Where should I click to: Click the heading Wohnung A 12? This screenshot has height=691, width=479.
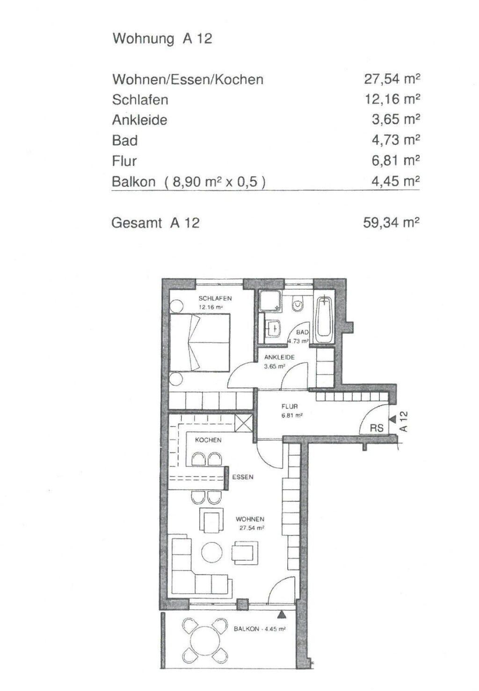tap(162, 39)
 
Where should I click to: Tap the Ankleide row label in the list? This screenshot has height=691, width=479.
tap(139, 120)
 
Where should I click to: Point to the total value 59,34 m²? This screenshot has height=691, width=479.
tap(391, 222)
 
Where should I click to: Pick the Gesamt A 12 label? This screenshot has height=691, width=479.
tap(155, 222)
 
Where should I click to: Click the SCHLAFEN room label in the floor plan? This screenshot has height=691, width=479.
tap(215, 299)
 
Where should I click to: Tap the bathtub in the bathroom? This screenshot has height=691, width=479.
tap(325, 318)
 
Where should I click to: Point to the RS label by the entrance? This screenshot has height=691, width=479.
tap(377, 427)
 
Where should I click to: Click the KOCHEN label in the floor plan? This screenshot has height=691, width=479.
tap(208, 440)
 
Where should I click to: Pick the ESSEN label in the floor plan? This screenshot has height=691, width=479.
tap(243, 477)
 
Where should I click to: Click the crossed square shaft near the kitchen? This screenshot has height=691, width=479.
tap(244, 423)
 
